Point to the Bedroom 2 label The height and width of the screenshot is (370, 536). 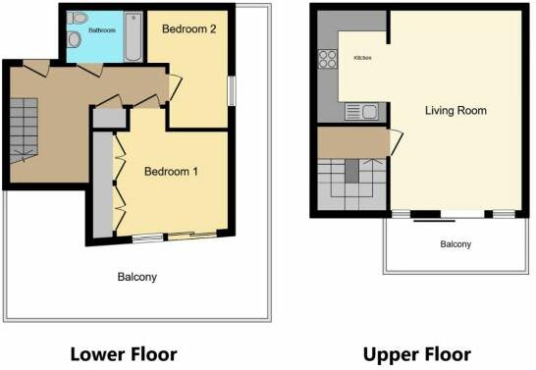pos(188,29)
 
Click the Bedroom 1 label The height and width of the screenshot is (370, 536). pos(171,172)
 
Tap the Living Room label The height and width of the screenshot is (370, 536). pos(456,110)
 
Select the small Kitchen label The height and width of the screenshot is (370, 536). pos(362,59)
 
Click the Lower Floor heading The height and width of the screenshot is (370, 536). pos(123,353)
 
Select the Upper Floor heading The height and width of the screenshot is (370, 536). pos(416,353)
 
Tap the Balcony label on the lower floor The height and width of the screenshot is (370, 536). pos(136,277)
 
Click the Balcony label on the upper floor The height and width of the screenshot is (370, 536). pos(455,244)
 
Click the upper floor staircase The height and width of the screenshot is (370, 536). pos(353,183)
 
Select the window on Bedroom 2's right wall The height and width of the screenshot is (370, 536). pos(232,89)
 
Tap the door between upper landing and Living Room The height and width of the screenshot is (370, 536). pos(396,142)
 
